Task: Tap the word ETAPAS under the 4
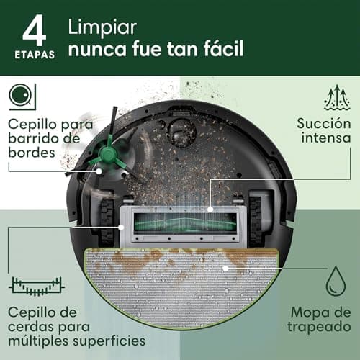[35, 55]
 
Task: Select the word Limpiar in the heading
[102, 28]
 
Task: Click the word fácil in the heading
[224, 48]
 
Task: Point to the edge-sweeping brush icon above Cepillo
[22, 96]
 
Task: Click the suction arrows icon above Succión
[337, 97]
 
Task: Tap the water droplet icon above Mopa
[336, 282]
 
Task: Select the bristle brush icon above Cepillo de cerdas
[37, 287]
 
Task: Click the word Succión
[324, 124]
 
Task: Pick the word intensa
[326, 138]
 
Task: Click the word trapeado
[319, 327]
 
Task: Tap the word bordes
[32, 153]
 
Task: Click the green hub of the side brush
[107, 154]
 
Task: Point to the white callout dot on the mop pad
[225, 269]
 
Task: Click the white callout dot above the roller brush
[210, 210]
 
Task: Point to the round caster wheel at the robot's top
[181, 132]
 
